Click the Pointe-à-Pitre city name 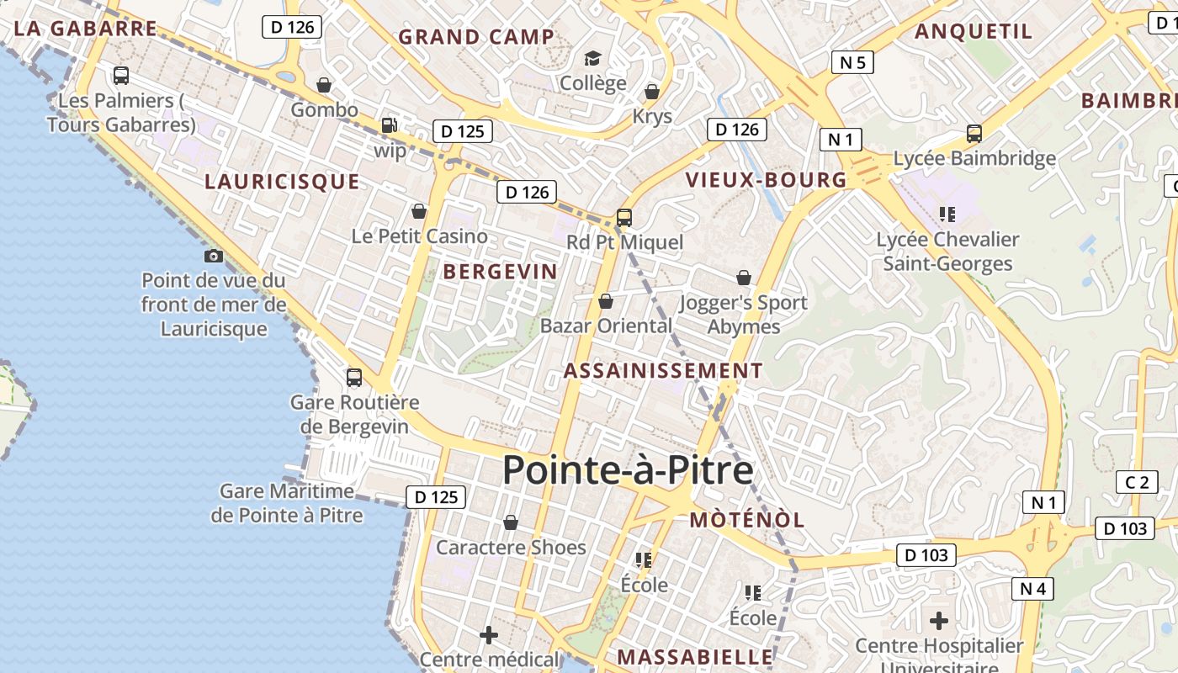[x=628, y=470]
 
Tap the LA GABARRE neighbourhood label [x=86, y=29]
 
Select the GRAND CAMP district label [x=476, y=37]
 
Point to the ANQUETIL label [x=973, y=32]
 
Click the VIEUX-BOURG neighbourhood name [x=766, y=180]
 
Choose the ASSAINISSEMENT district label [x=663, y=371]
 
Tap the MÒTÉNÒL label [x=747, y=520]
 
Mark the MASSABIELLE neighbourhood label [x=695, y=657]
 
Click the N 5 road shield [x=852, y=62]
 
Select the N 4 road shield [x=1032, y=589]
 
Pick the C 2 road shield [x=1137, y=482]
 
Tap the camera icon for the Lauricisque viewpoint [x=214, y=256]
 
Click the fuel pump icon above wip [x=389, y=125]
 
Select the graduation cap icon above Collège [x=593, y=58]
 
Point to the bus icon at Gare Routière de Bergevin [x=354, y=378]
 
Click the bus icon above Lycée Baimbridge [x=974, y=134]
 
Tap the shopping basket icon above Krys [x=652, y=92]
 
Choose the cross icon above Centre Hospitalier [x=939, y=622]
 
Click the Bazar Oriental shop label [x=606, y=326]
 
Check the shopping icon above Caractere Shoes [x=510, y=523]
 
